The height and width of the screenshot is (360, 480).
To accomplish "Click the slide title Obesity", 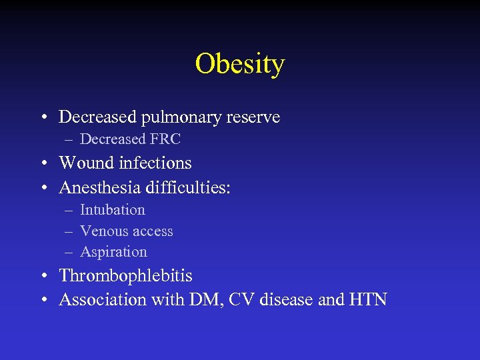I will [x=240, y=64].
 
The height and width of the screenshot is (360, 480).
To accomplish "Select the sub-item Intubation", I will [x=112, y=209].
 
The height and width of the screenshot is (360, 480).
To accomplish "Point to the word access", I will [x=152, y=231].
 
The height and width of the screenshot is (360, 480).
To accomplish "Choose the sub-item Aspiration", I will [x=113, y=252].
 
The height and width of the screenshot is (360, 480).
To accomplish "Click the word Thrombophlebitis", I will [x=125, y=275].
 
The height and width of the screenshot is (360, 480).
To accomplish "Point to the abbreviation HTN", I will [x=367, y=299].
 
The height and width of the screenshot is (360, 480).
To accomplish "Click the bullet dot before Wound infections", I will [x=43, y=163].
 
